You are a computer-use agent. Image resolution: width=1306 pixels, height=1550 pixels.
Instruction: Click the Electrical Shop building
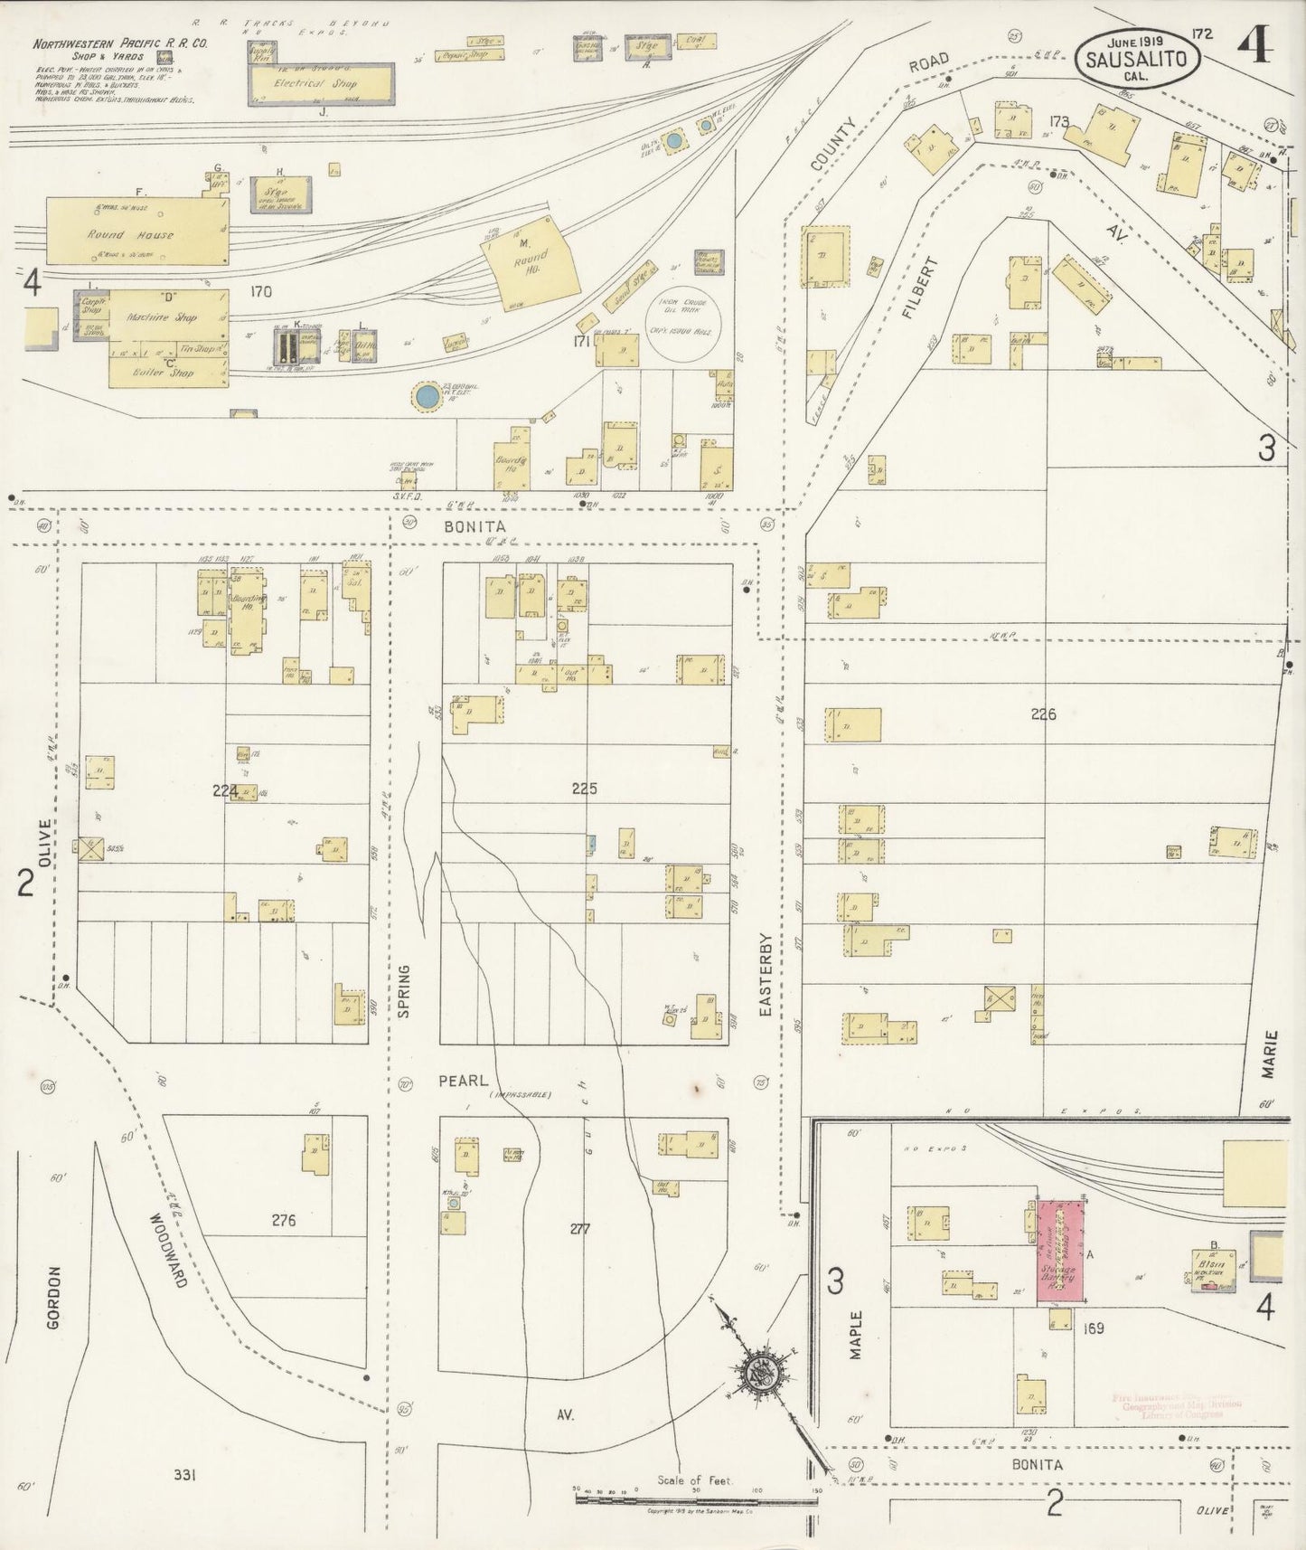pyautogui.click(x=321, y=83)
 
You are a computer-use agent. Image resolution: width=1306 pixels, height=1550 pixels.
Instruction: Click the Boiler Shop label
pyautogui.click(x=164, y=372)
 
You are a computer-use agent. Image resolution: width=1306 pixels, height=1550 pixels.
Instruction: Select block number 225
pyautogui.click(x=584, y=789)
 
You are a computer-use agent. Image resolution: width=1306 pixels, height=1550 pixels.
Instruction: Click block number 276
pyautogui.click(x=284, y=1220)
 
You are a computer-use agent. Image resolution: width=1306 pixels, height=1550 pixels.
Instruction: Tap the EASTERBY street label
pyautogui.click(x=766, y=976)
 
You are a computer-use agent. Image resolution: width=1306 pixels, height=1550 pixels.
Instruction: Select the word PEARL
pyautogui.click(x=463, y=1081)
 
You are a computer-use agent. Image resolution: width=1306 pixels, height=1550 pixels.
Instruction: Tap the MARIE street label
pyautogui.click(x=1270, y=1054)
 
